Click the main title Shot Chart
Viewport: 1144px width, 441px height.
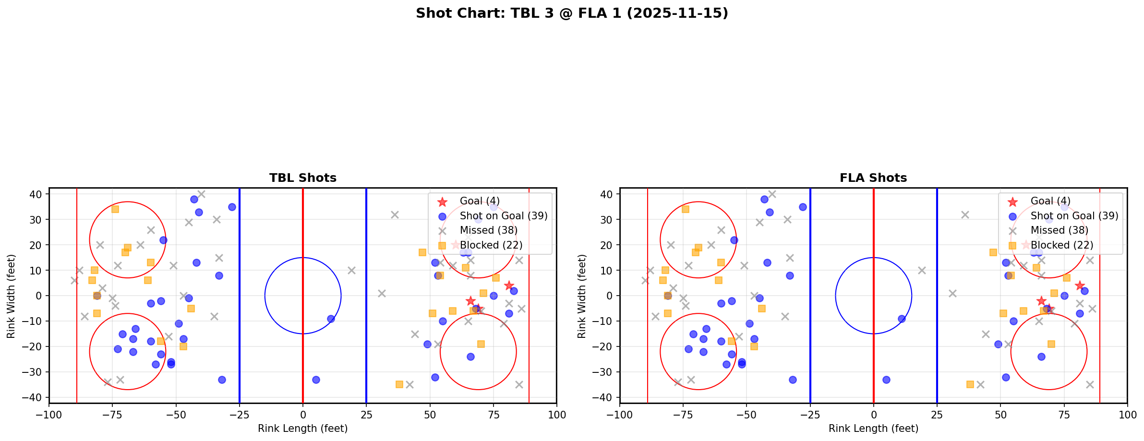(572, 13)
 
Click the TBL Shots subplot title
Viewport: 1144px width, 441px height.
(302, 178)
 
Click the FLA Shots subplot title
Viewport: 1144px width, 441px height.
(873, 178)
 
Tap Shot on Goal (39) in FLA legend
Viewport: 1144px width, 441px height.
(1074, 216)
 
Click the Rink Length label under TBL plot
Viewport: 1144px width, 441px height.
(302, 429)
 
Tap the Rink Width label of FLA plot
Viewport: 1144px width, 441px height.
(582, 296)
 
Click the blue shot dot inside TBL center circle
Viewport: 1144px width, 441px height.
(331, 319)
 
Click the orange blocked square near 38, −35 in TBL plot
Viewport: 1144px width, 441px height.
(399, 384)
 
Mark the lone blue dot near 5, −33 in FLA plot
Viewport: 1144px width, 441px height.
(886, 380)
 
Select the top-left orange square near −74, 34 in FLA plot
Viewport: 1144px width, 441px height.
(686, 209)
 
